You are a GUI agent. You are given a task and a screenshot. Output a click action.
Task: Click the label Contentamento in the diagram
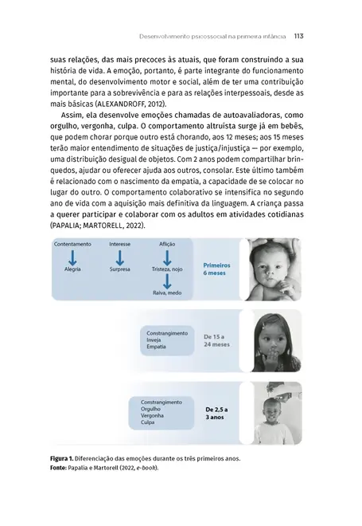tap(71, 243)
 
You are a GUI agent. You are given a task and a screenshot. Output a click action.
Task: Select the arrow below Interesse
tap(119, 257)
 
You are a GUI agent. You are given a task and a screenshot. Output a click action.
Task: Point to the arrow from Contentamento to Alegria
tap(71, 257)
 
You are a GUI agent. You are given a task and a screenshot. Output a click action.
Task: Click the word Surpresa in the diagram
tap(119, 270)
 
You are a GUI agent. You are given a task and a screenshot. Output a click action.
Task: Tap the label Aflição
tap(167, 243)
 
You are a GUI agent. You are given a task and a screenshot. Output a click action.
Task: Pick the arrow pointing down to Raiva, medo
tap(167, 282)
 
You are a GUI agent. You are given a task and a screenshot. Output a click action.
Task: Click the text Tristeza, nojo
tap(167, 270)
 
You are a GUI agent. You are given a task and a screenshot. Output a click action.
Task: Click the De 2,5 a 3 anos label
tap(217, 413)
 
